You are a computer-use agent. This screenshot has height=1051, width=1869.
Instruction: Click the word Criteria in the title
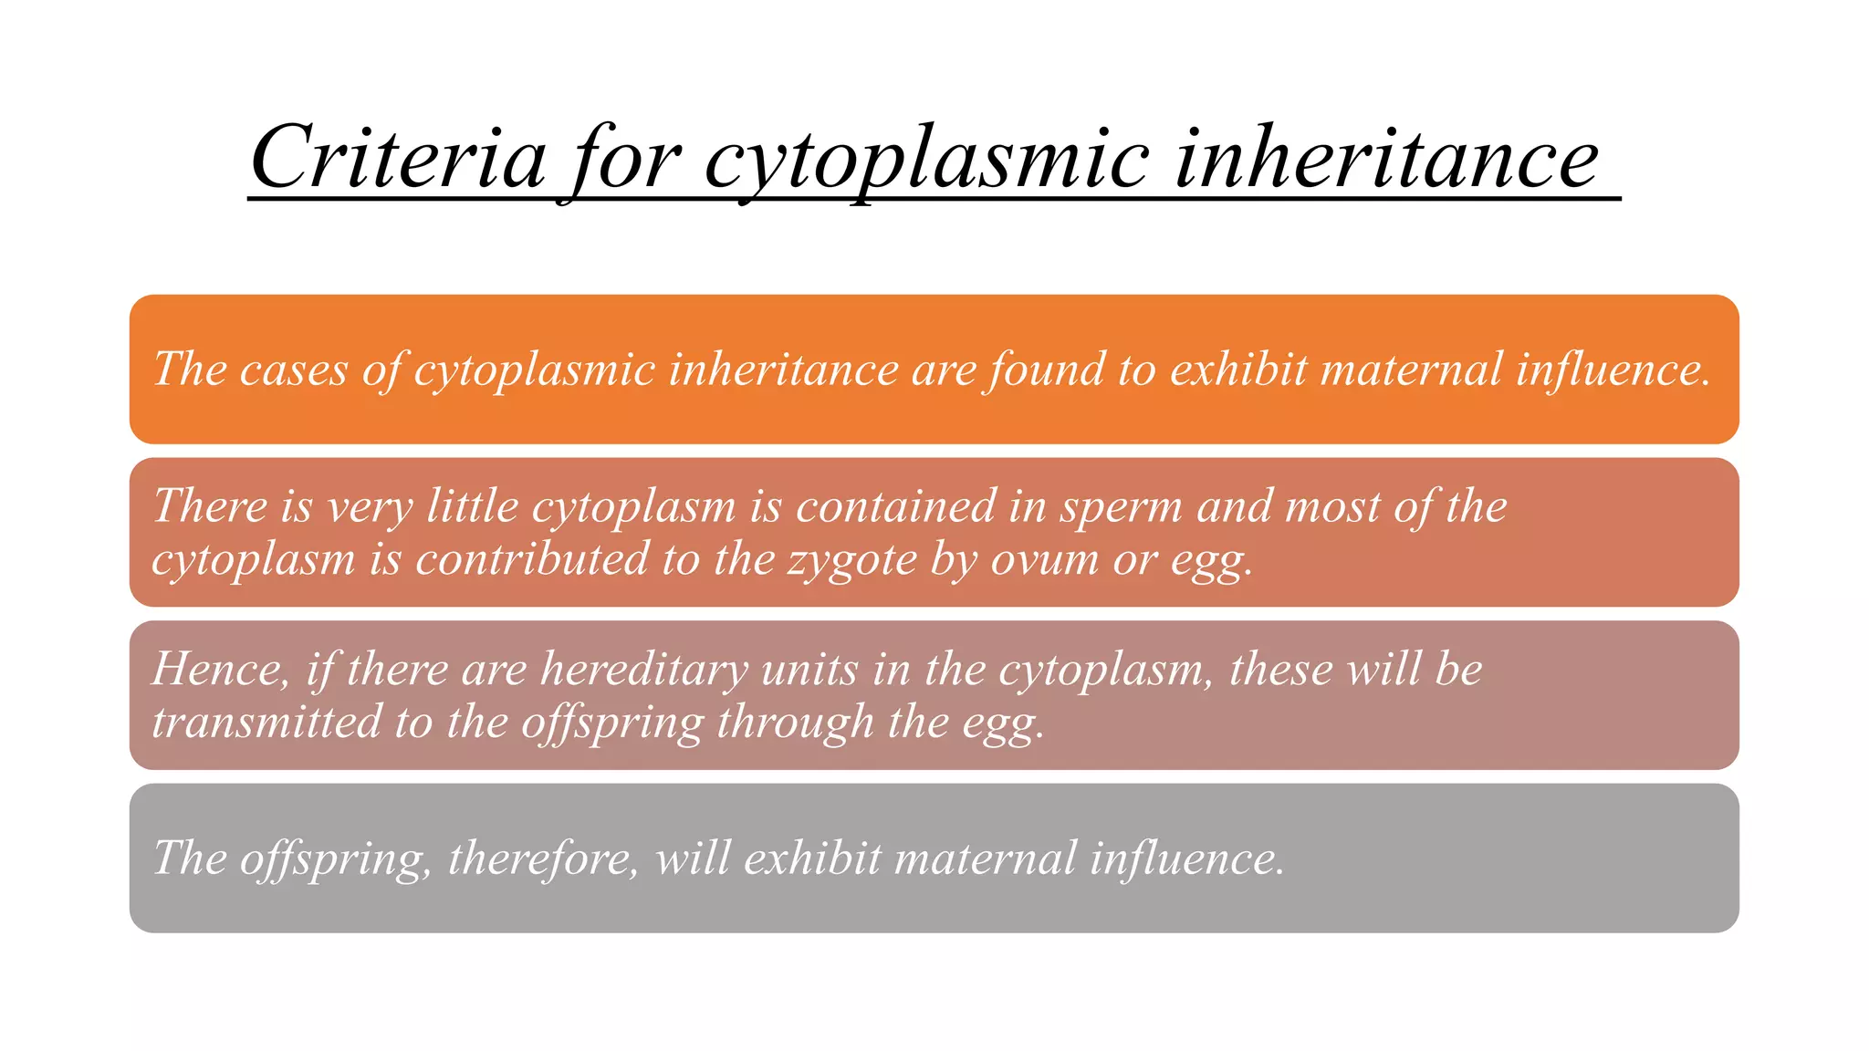(399, 158)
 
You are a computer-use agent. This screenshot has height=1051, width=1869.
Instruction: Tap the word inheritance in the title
(1385, 158)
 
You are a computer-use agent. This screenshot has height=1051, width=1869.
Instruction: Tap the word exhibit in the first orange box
(1238, 370)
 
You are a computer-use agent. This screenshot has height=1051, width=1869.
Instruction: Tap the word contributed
(531, 560)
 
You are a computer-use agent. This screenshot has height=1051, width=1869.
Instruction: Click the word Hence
(218, 670)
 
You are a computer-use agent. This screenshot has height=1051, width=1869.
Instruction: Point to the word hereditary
(644, 670)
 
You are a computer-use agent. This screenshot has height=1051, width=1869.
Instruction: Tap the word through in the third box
(795, 723)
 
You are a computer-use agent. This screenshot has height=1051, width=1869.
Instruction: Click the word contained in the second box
(895, 506)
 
